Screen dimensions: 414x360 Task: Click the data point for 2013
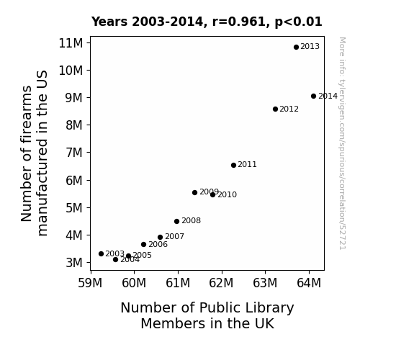(296, 47)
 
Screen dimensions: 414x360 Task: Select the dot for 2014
(313, 96)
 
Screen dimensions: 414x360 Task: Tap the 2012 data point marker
(275, 109)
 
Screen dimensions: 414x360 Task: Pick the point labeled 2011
(233, 165)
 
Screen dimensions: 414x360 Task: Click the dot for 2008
(176, 221)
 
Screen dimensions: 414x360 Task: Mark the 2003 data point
(101, 253)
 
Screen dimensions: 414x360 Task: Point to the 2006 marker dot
(143, 244)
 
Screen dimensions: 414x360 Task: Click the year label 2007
(174, 236)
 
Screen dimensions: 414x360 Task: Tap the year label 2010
(227, 194)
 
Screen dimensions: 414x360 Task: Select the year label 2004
(130, 260)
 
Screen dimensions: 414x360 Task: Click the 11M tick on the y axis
(71, 43)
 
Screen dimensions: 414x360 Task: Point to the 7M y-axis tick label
(74, 153)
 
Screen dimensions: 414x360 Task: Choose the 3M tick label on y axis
(74, 263)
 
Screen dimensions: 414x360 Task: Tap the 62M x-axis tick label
(221, 283)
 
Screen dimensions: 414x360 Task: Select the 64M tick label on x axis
(309, 283)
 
